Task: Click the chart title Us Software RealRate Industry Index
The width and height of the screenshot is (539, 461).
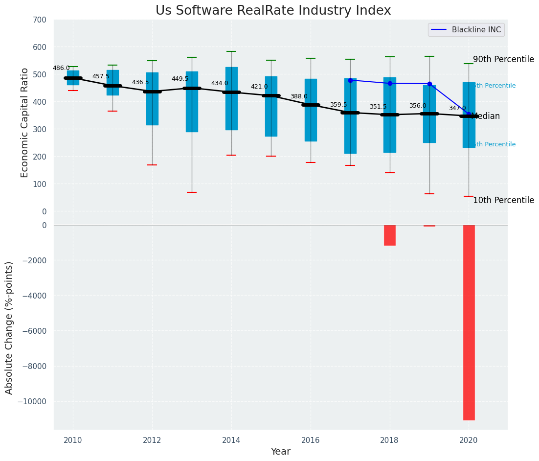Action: pyautogui.click(x=273, y=11)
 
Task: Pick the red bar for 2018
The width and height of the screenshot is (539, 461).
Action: pyautogui.click(x=389, y=235)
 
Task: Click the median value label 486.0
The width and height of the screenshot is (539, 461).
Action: pyautogui.click(x=61, y=69)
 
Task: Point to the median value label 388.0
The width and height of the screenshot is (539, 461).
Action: pyautogui.click(x=299, y=97)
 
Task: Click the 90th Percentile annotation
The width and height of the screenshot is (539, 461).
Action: pyautogui.click(x=503, y=60)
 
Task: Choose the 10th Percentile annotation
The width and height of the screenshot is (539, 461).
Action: pyautogui.click(x=503, y=201)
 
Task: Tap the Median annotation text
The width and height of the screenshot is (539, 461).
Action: pyautogui.click(x=486, y=116)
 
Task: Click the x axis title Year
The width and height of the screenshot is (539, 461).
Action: pyautogui.click(x=281, y=452)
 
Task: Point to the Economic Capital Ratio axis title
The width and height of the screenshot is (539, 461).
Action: pyautogui.click(x=25, y=115)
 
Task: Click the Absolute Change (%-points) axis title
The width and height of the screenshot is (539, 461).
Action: pyautogui.click(x=9, y=327)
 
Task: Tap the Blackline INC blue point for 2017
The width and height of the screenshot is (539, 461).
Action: pyautogui.click(x=350, y=80)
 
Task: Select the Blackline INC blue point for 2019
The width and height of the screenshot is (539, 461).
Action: pyautogui.click(x=429, y=84)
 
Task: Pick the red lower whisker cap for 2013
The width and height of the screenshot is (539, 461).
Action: pyautogui.click(x=192, y=192)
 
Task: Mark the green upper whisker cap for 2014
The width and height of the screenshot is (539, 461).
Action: pyautogui.click(x=231, y=51)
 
